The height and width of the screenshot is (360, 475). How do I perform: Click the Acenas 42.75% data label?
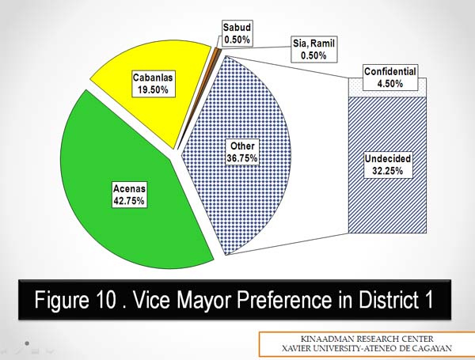129,195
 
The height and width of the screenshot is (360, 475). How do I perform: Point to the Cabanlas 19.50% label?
153,84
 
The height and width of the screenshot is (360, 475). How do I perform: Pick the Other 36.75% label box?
242,152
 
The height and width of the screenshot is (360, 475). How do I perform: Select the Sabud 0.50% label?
237,33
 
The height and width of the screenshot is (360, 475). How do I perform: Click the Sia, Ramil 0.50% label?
313,50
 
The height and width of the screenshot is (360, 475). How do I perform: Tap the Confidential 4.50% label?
389,78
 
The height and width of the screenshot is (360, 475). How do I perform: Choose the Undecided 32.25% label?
388,165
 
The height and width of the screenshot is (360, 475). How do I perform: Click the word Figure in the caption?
62,299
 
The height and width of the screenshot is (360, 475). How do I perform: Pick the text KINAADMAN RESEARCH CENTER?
367,339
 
